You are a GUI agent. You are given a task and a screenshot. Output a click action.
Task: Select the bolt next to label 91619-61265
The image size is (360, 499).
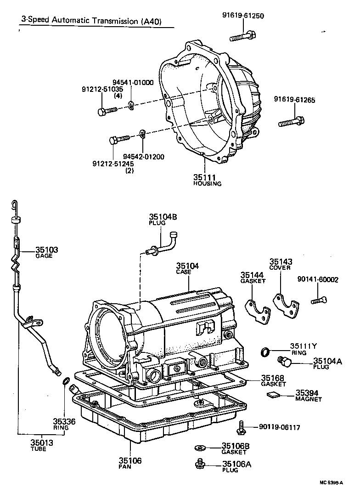click(x=290, y=122)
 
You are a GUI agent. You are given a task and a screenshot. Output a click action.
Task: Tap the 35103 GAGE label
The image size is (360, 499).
click(x=47, y=252)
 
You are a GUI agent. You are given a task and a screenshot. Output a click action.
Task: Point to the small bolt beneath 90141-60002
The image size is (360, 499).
click(x=319, y=301)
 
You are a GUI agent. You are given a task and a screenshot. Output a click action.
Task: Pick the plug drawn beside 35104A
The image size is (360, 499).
click(x=284, y=363)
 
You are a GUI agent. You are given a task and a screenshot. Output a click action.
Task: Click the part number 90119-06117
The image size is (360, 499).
click(x=279, y=427)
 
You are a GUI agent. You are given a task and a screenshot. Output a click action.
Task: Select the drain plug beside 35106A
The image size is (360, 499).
click(x=200, y=465)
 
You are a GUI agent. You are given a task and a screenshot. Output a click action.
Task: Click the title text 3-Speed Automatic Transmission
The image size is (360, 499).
click(x=90, y=21)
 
